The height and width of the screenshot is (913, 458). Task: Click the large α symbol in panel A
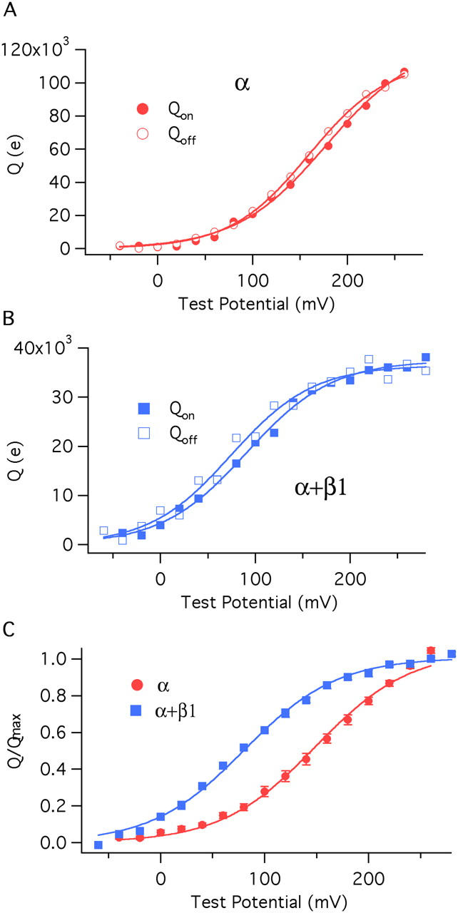(242, 82)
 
